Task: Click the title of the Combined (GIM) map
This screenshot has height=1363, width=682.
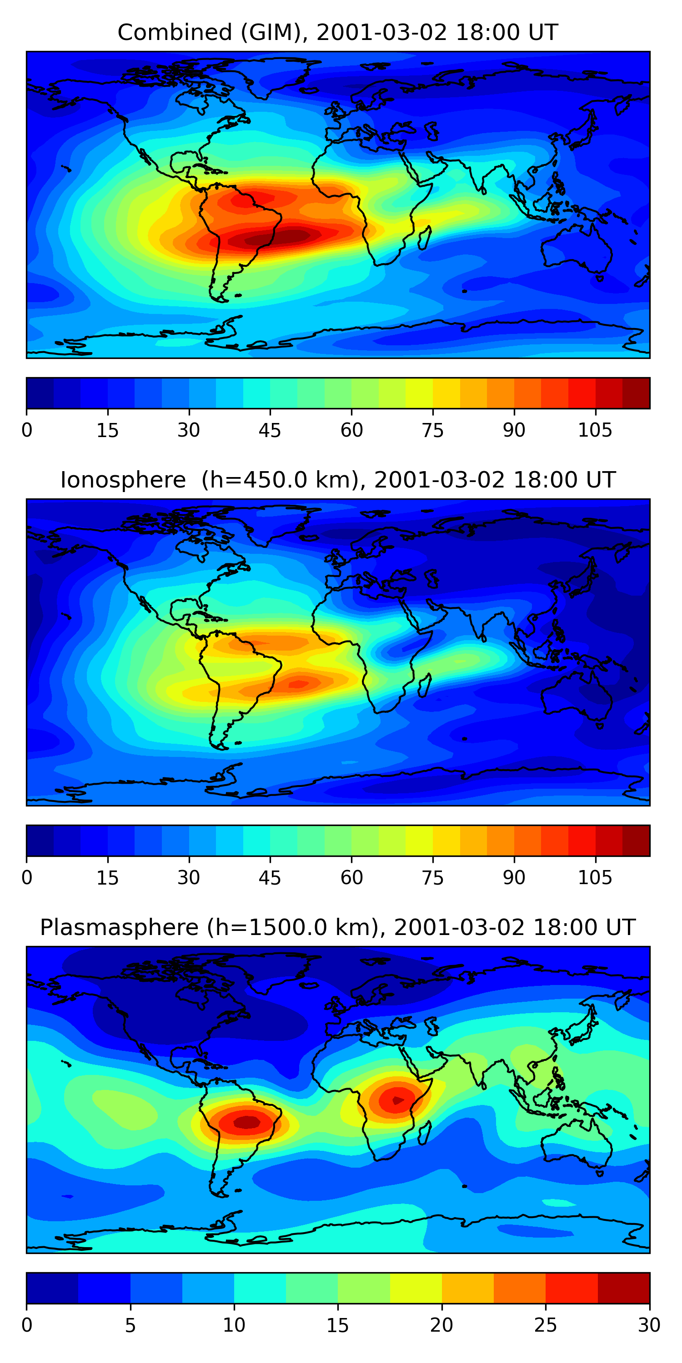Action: (x=337, y=33)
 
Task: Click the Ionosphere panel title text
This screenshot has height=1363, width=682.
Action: (x=337, y=480)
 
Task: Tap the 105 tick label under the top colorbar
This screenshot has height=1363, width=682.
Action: (x=595, y=430)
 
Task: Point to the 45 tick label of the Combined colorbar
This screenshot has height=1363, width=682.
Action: (x=270, y=430)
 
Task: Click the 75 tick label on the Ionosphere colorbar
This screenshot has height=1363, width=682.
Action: (x=432, y=878)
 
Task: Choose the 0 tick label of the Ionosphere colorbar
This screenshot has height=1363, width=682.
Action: (x=27, y=878)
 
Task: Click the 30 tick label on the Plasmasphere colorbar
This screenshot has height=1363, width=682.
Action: (x=649, y=1325)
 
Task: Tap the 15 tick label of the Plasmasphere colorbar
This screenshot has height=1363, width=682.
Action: (x=337, y=1325)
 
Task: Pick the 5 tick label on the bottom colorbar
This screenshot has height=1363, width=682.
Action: (x=130, y=1325)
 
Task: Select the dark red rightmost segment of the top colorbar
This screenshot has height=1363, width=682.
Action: (x=636, y=393)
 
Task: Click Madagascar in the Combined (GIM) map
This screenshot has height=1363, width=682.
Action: (x=425, y=239)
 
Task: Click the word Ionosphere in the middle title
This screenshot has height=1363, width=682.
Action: (x=123, y=480)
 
